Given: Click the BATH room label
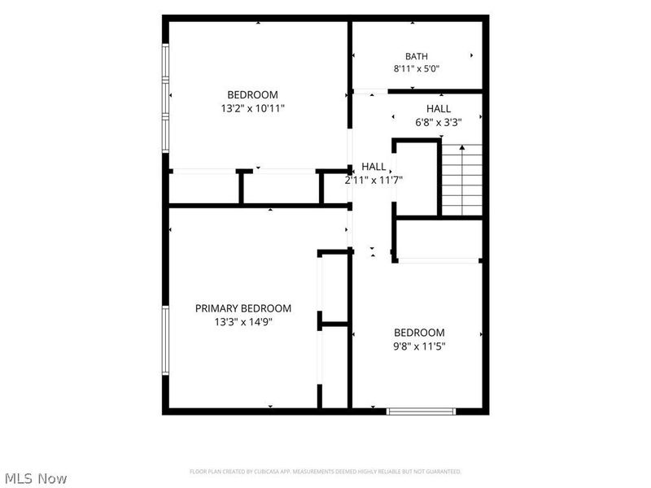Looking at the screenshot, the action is coord(417,56).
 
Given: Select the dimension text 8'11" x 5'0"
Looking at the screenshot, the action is coord(417,68).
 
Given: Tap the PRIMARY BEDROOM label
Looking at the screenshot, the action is coord(243,308).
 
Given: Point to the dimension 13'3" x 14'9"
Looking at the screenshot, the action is coord(243,321).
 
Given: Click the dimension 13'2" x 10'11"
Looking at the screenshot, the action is coord(253,108).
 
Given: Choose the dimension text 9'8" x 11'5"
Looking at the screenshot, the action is coord(419,346).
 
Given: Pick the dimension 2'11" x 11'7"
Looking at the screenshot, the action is coord(374,180).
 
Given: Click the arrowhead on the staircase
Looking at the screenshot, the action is coord(462,147).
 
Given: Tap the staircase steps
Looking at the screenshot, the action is coord(462,180).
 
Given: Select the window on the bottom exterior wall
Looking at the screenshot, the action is coord(421,412).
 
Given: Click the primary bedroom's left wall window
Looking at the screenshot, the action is coord(166,340).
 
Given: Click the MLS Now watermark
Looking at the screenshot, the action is coord(36,478).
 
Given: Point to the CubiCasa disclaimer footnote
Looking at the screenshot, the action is coord(325,472).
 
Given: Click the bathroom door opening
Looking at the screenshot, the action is coord(370,91).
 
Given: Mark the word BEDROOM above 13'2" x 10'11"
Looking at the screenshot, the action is coord(252,94).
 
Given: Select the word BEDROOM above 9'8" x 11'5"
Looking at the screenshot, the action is coord(419,333).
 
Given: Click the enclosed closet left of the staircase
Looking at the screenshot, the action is coord(417,178).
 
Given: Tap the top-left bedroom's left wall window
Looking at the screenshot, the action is coord(166,98).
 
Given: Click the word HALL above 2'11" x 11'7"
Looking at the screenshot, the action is coord(374,167).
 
